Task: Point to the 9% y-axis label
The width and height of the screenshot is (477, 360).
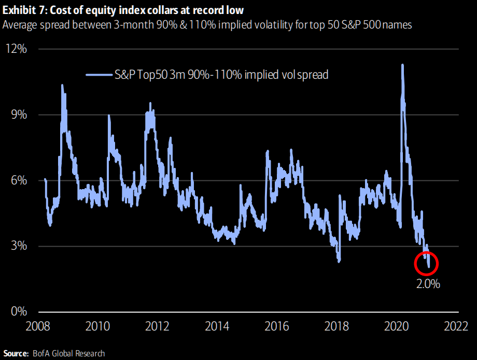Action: click(18, 114)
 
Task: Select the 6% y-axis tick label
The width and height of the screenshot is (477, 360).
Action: click(18, 180)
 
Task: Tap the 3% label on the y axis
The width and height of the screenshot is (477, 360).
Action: click(18, 246)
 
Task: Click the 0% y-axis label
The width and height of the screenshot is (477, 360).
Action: click(18, 311)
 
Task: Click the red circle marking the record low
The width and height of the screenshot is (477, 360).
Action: click(427, 264)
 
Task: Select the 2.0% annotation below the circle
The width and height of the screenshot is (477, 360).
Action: click(428, 284)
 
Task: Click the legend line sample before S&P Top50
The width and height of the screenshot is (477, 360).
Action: click(99, 75)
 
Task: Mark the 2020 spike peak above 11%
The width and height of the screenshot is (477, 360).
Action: click(402, 65)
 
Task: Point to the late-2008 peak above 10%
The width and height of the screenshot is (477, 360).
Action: click(62, 85)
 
